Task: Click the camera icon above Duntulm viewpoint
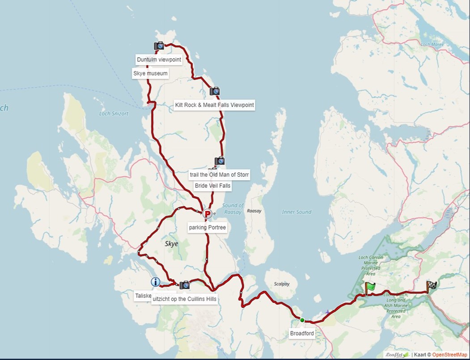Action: [159, 46]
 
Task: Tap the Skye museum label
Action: [150, 73]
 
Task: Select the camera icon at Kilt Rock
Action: [215, 91]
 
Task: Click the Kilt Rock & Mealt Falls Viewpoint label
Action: [214, 105]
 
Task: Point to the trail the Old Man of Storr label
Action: [219, 174]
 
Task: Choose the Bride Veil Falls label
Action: [212, 186]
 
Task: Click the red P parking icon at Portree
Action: [207, 214]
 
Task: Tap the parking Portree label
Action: [207, 228]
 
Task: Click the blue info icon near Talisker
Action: [155, 282]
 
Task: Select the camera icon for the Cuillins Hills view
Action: [184, 285]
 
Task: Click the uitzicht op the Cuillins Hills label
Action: [184, 299]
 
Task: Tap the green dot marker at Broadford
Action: [302, 320]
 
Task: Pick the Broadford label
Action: [302, 333]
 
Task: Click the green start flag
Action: [369, 288]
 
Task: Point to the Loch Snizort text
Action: [114, 114]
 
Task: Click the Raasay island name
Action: [254, 211]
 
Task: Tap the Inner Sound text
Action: [296, 212]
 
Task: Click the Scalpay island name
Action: [282, 284]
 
